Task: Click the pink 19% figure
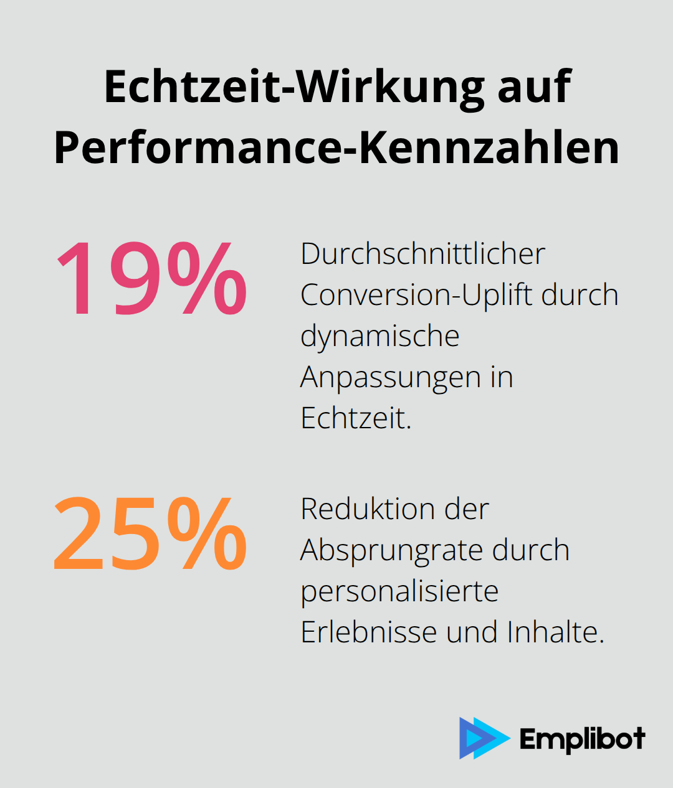151,278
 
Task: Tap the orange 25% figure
151,533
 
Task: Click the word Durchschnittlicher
422,254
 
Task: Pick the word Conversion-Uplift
416,295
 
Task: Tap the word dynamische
379,336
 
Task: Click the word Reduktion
368,509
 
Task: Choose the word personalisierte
399,591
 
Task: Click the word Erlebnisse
368,632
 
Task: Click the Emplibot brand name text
582,739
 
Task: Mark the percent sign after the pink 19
207,278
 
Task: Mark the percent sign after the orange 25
207,533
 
